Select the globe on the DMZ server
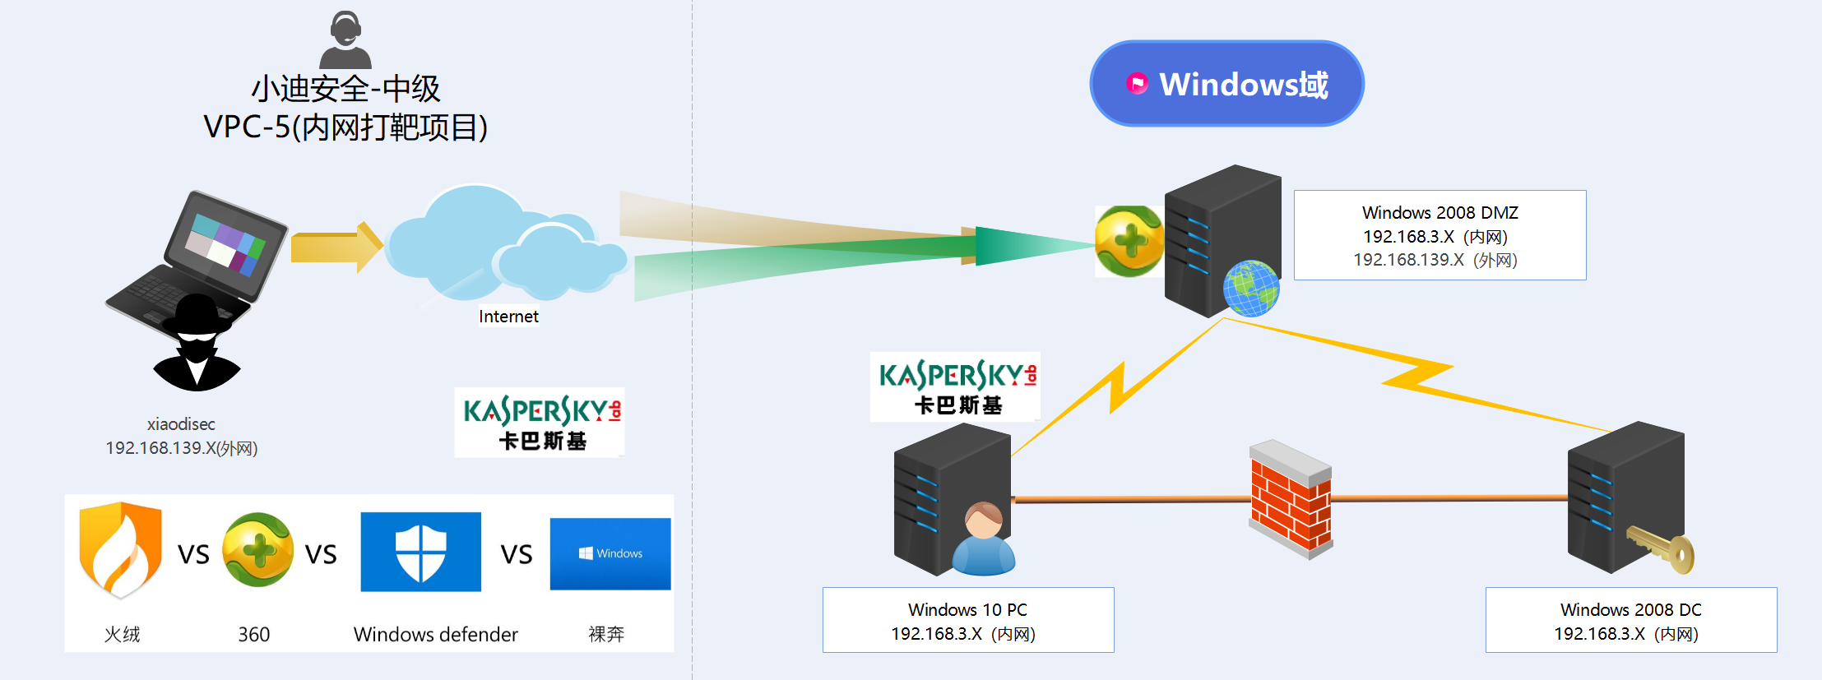click(1250, 288)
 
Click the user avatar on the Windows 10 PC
click(984, 539)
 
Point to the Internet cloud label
click(508, 317)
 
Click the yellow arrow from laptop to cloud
click(336, 247)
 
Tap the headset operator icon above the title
click(345, 39)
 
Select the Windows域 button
click(1226, 84)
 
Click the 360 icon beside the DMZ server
click(1129, 241)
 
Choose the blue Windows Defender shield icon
click(420, 552)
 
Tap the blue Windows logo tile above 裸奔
click(610, 553)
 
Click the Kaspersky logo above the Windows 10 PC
click(955, 386)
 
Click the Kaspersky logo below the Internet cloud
click(540, 422)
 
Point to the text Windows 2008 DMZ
click(1440, 213)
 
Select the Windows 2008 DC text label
click(1630, 610)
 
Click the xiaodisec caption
click(181, 424)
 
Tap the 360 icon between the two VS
click(257, 550)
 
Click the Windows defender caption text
click(435, 635)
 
